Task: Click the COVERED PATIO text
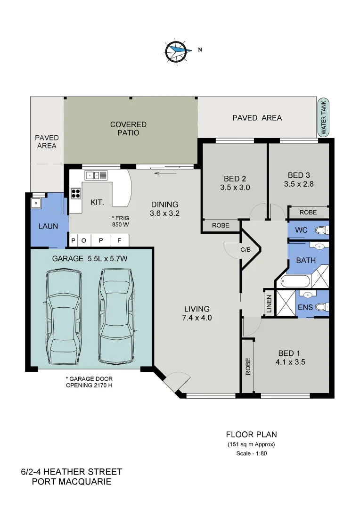click(x=128, y=129)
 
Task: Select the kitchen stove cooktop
click(x=76, y=193)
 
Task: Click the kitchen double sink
click(x=96, y=175)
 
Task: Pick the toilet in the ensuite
click(x=321, y=307)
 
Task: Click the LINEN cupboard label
click(x=269, y=303)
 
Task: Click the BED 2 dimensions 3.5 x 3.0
click(x=235, y=188)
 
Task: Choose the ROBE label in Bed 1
click(x=247, y=366)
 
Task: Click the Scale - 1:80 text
click(x=251, y=454)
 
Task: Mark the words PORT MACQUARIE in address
click(x=72, y=482)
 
